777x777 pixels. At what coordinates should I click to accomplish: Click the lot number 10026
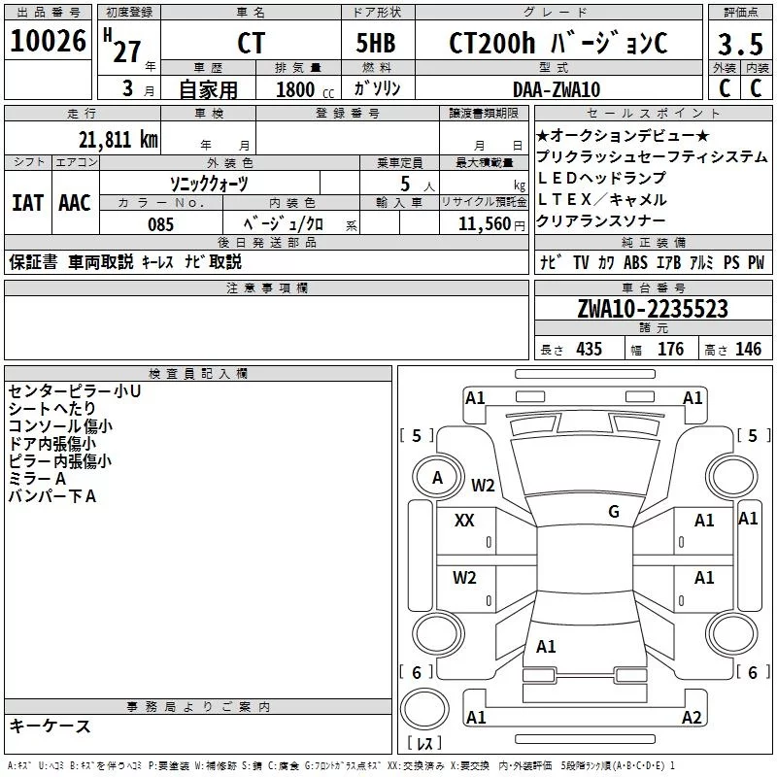click(x=48, y=41)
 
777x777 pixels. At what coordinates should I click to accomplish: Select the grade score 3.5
click(x=739, y=44)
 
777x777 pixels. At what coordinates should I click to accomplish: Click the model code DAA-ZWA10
click(x=556, y=89)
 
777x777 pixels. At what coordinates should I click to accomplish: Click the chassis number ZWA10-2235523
click(x=652, y=309)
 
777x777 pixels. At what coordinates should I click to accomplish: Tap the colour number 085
click(x=160, y=224)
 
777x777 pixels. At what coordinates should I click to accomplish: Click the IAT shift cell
click(x=27, y=203)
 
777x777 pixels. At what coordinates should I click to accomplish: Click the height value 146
click(x=748, y=350)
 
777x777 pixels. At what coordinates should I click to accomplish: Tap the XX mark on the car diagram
click(x=464, y=521)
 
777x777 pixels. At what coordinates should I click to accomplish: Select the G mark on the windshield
click(x=613, y=512)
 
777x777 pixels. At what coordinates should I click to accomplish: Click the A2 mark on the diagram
click(x=692, y=718)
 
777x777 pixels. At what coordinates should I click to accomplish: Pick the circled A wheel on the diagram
click(x=437, y=478)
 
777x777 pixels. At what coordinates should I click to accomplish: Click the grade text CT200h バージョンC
click(x=558, y=44)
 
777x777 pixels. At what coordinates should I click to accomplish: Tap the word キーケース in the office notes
click(x=51, y=726)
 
